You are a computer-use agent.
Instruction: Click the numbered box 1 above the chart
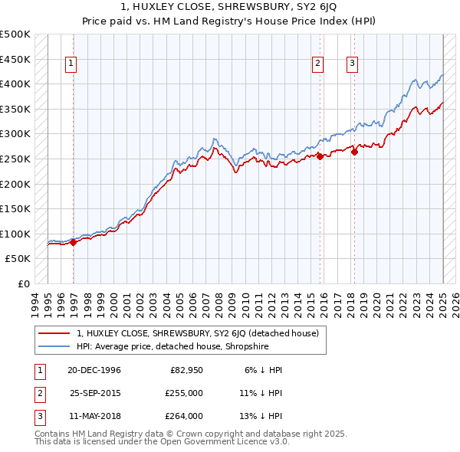pyautogui.click(x=70, y=64)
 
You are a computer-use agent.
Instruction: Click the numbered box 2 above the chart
pyautogui.click(x=317, y=64)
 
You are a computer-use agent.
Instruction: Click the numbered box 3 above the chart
pyautogui.click(x=352, y=64)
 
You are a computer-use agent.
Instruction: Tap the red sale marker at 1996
pyautogui.click(x=74, y=242)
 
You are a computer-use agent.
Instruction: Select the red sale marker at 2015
pyautogui.click(x=320, y=156)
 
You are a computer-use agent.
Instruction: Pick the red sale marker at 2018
pyautogui.click(x=354, y=152)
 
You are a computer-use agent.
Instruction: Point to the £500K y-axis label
pyautogui.click(x=15, y=34)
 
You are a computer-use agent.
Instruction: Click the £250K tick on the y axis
pyautogui.click(x=15, y=159)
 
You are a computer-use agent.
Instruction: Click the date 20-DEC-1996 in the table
pyautogui.click(x=94, y=370)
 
